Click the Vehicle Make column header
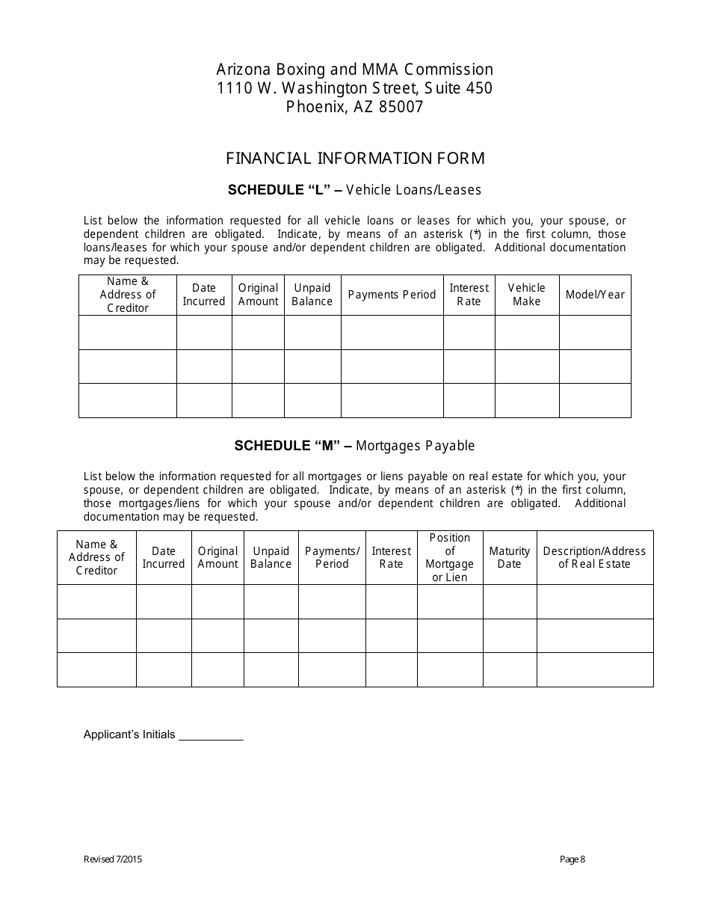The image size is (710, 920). pyautogui.click(x=526, y=295)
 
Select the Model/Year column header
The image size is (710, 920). pyautogui.click(x=595, y=295)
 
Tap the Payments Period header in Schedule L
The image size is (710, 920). pyautogui.click(x=392, y=295)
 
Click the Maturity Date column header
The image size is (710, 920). pyautogui.click(x=509, y=557)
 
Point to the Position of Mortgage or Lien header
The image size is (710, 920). pyautogui.click(x=449, y=557)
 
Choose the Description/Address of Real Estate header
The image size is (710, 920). pyautogui.click(x=594, y=557)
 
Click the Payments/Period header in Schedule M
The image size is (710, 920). pyautogui.click(x=332, y=557)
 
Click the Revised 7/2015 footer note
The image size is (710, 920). pyautogui.click(x=113, y=859)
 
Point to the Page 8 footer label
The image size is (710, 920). pyautogui.click(x=572, y=859)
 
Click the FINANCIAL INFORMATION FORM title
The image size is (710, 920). pyautogui.click(x=355, y=159)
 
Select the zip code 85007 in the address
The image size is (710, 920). pyautogui.click(x=401, y=107)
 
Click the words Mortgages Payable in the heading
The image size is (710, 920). pyautogui.click(x=416, y=446)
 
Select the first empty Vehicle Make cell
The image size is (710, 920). pyautogui.click(x=526, y=332)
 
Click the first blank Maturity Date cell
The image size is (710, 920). pyautogui.click(x=509, y=601)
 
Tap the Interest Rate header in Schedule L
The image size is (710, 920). pyautogui.click(x=469, y=295)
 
